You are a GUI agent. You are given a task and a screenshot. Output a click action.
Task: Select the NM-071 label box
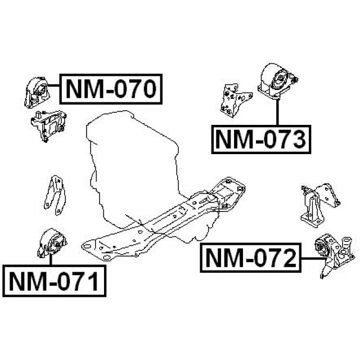[53, 280]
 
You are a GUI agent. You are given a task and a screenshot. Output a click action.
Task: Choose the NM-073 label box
[261, 139]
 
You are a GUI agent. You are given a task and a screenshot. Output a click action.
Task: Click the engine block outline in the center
[135, 163]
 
